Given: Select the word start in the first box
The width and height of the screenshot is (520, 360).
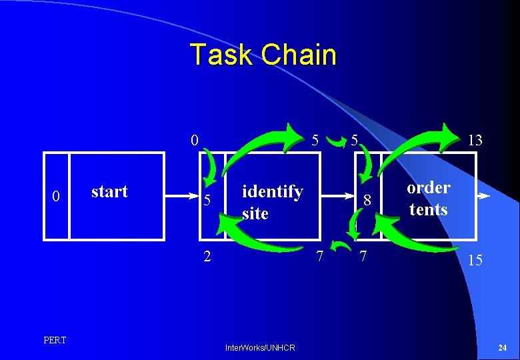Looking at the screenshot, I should pyautogui.click(x=109, y=191).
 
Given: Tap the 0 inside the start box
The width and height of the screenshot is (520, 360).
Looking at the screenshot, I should pyautogui.click(x=57, y=197).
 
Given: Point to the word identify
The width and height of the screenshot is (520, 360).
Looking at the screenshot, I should pyautogui.click(x=272, y=192).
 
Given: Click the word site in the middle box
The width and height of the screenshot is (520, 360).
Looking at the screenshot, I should pyautogui.click(x=255, y=214).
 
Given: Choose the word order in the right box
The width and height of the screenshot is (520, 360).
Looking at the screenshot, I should pyautogui.click(x=429, y=187).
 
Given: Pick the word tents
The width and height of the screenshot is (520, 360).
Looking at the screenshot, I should pyautogui.click(x=428, y=209).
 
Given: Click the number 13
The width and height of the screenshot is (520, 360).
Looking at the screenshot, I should pyautogui.click(x=475, y=140).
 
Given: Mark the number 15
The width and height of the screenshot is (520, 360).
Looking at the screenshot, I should pyautogui.click(x=475, y=261).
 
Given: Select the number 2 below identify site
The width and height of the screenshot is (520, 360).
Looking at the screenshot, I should pyautogui.click(x=207, y=255).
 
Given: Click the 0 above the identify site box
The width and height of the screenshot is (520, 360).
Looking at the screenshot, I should pyautogui.click(x=194, y=140).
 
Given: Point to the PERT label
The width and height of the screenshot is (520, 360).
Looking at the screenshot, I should pyautogui.click(x=55, y=341).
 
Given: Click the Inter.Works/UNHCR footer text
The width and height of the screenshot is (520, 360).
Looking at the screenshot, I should pyautogui.click(x=260, y=347).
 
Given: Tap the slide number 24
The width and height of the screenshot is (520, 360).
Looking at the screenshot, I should pyautogui.click(x=502, y=347).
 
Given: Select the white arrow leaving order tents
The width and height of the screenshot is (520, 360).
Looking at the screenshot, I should pyautogui.click(x=484, y=197).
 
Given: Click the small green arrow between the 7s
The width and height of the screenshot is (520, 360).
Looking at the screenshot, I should pyautogui.click(x=342, y=247).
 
